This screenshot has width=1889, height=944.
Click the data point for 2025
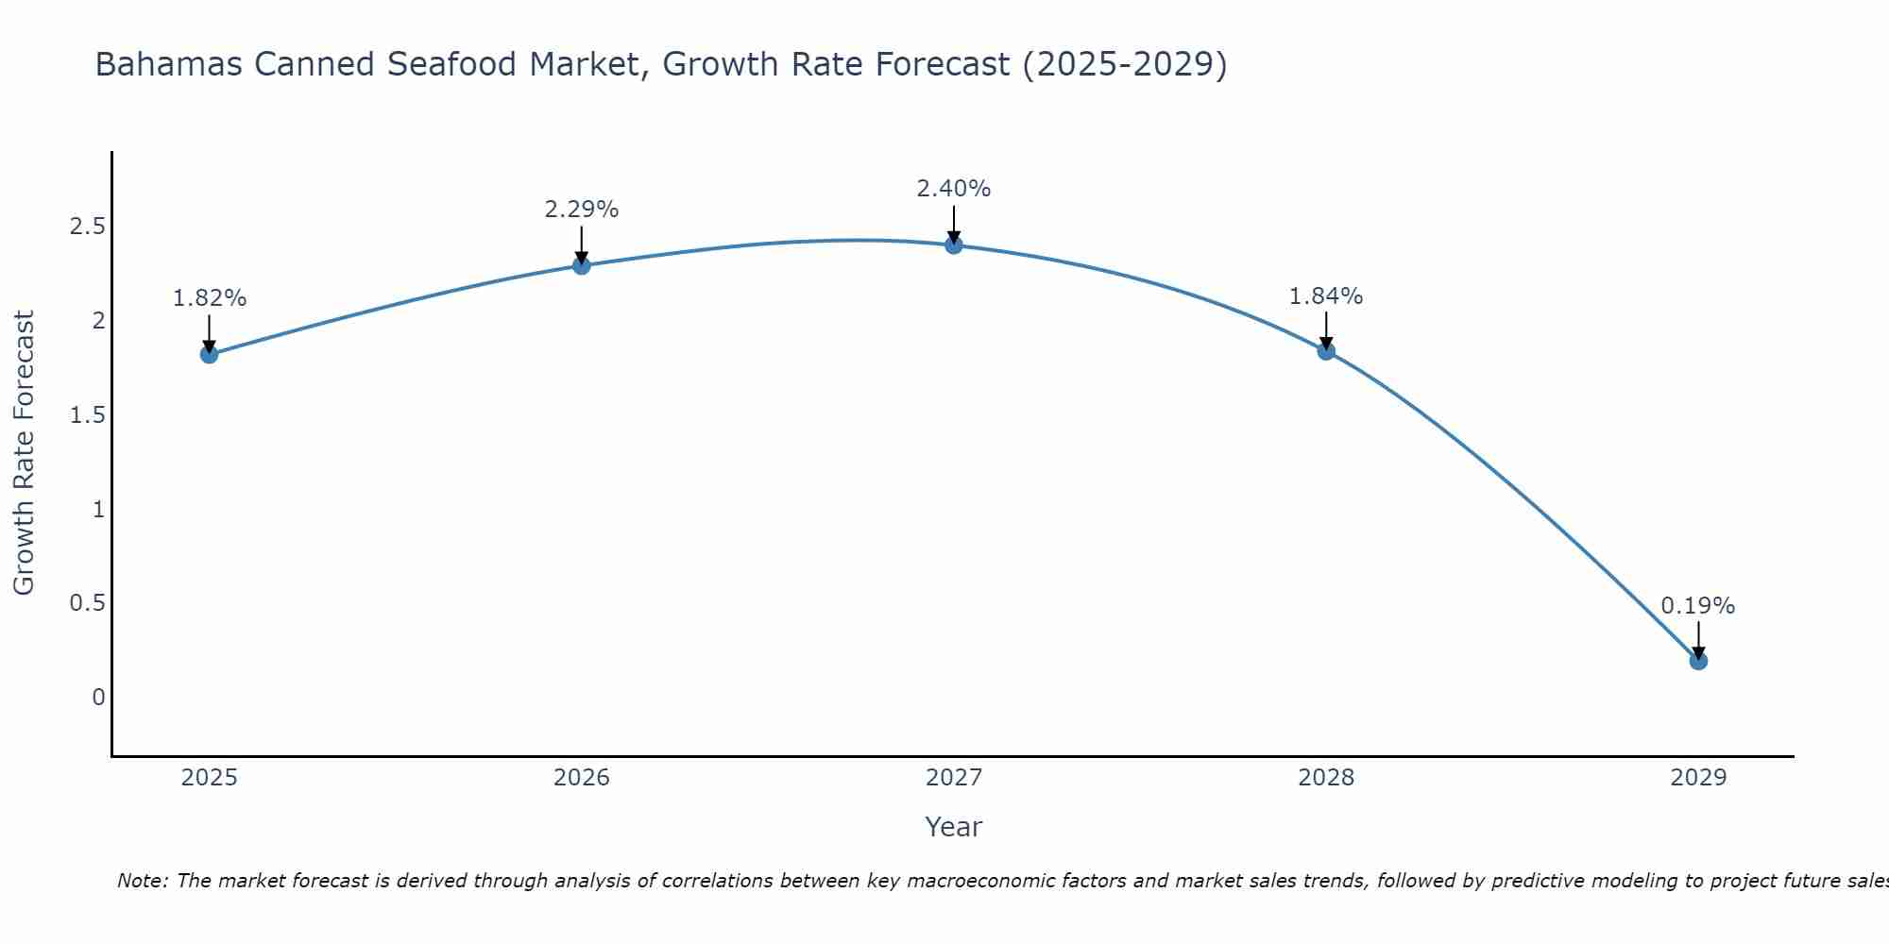(x=209, y=355)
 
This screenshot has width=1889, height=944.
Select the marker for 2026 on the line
(x=582, y=266)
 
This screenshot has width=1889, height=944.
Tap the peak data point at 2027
(x=954, y=245)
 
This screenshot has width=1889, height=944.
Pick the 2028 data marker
(x=1326, y=351)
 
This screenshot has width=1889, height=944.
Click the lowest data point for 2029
(x=1698, y=661)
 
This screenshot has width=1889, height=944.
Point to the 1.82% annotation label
(x=209, y=298)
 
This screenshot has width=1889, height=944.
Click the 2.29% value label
(x=582, y=210)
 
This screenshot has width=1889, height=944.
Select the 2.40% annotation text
(x=954, y=189)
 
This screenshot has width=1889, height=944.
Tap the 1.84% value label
(x=1326, y=296)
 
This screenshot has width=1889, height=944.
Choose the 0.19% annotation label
(x=1698, y=606)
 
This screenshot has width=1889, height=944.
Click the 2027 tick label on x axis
(x=954, y=778)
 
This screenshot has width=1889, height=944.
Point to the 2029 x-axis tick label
(x=1698, y=778)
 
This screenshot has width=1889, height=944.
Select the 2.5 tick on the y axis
(x=87, y=227)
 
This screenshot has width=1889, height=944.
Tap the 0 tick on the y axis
(x=98, y=698)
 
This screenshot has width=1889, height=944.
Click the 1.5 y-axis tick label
(x=87, y=415)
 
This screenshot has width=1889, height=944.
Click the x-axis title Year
(x=954, y=827)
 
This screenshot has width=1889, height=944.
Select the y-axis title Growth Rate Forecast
(x=24, y=453)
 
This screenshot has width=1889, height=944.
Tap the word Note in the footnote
(x=142, y=881)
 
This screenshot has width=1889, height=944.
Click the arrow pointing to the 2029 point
(x=1698, y=640)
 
